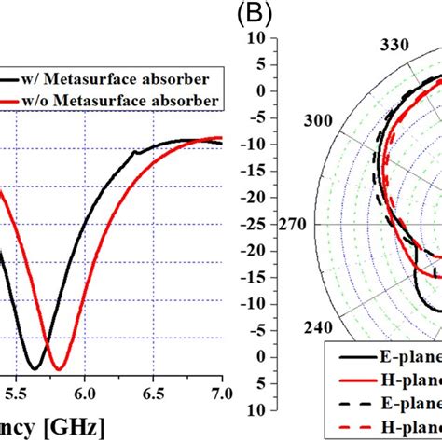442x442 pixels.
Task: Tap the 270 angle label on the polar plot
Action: pyautogui.click(x=298, y=225)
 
